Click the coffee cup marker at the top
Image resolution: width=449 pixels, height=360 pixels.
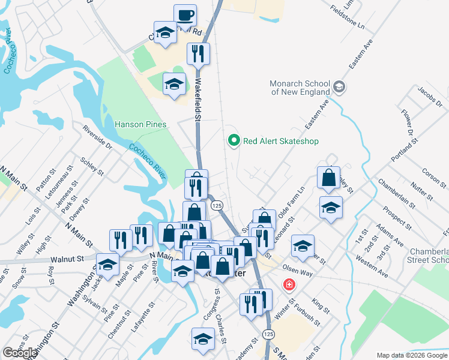click(185, 14)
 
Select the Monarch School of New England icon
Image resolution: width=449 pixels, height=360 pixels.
click(339, 88)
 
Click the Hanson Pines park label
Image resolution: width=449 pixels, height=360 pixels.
click(140, 125)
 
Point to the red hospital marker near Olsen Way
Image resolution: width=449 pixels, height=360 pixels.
click(289, 284)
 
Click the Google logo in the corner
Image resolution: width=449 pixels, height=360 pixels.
click(20, 353)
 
